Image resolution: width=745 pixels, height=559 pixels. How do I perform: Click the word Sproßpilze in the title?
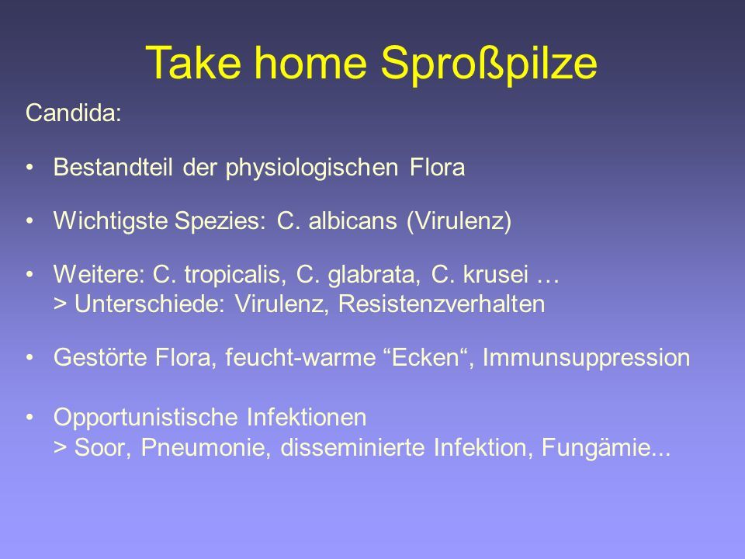(x=489, y=64)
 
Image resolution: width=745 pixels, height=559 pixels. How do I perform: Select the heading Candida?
(x=74, y=113)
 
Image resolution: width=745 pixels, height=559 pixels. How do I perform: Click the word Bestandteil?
(x=113, y=168)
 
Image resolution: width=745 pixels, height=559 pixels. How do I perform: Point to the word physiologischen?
(x=312, y=168)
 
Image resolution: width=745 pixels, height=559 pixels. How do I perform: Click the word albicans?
(x=352, y=221)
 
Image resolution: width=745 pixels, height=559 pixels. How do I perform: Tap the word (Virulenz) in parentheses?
(x=459, y=222)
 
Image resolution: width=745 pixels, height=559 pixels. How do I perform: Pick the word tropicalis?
(x=234, y=275)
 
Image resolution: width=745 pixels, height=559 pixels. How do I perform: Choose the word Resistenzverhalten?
(x=442, y=304)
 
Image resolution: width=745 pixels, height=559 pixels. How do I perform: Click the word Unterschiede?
(x=147, y=304)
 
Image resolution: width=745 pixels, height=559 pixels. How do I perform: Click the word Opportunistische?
(x=145, y=418)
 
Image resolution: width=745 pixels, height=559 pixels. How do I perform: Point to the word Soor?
(x=100, y=448)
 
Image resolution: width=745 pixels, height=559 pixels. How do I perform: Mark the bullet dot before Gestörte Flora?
(x=30, y=357)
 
